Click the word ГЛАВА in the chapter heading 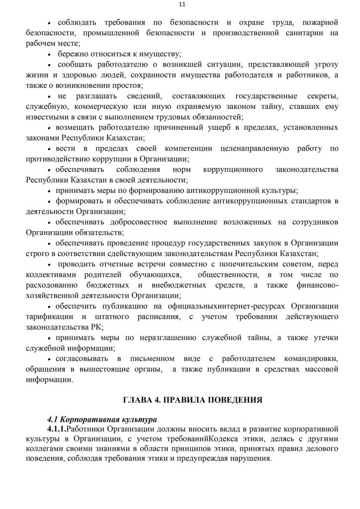point(137,399)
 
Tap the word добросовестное point(131,222)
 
